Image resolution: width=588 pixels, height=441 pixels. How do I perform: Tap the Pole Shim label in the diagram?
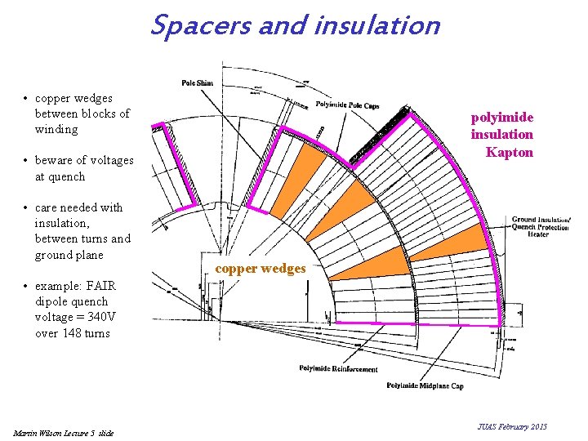pyautogui.click(x=198, y=83)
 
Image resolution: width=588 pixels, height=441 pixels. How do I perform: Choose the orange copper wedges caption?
pyautogui.click(x=261, y=269)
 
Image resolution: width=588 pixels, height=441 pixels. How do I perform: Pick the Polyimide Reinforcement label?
pyautogui.click(x=337, y=369)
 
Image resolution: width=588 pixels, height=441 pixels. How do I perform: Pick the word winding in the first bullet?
pyautogui.click(x=56, y=129)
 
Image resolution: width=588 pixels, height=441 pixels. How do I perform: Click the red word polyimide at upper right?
pyautogui.click(x=501, y=118)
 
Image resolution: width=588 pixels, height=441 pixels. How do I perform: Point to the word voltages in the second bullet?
pyautogui.click(x=110, y=160)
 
